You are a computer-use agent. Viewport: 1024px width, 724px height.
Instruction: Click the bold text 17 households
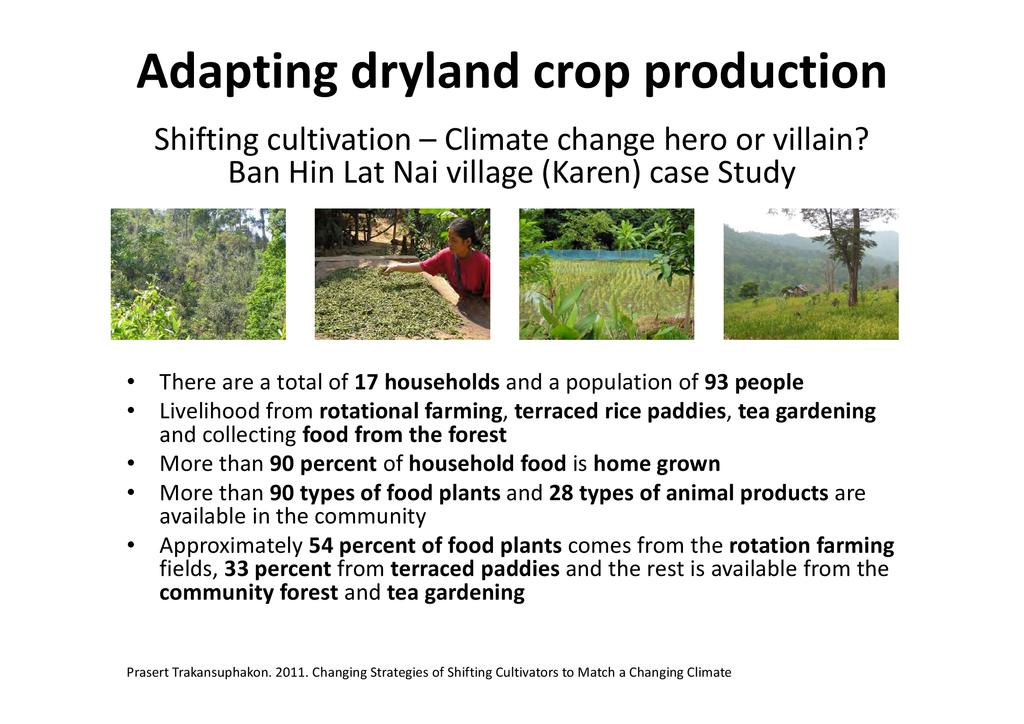(x=427, y=382)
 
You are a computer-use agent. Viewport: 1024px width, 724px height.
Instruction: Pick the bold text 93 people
(x=754, y=382)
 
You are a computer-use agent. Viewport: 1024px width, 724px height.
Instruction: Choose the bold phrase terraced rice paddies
(x=620, y=411)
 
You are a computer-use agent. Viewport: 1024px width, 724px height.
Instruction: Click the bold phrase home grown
(x=656, y=464)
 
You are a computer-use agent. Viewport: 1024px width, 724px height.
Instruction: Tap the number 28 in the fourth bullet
(x=561, y=493)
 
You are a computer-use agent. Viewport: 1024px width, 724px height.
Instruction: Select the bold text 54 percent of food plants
(x=435, y=546)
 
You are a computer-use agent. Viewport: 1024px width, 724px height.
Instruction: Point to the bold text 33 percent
(x=278, y=569)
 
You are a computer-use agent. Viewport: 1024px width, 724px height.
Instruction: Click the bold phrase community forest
(x=249, y=593)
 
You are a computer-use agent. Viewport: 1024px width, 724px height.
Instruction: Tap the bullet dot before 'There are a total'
(x=131, y=382)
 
